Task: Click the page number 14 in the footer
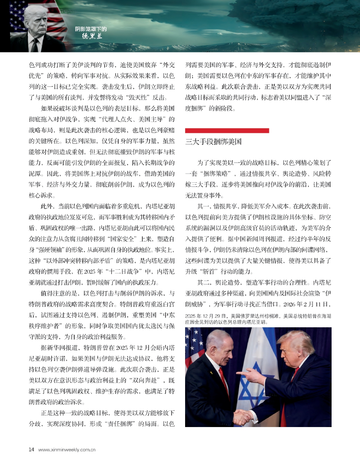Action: tap(31, 449)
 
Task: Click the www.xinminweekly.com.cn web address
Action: tap(67, 450)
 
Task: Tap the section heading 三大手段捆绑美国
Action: tap(213, 142)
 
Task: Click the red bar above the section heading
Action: tap(227, 130)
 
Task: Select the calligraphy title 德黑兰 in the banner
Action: tap(92, 36)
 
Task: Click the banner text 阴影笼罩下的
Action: tap(91, 29)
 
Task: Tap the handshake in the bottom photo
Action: tap(241, 416)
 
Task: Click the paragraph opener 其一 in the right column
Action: tap(203, 206)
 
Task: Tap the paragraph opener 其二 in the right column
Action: tap(203, 282)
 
